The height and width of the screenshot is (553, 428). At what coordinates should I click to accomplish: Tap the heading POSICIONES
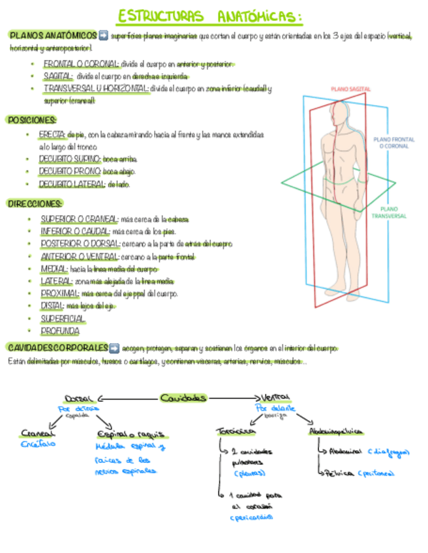32,120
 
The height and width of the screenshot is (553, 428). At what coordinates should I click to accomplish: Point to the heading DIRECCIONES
35,203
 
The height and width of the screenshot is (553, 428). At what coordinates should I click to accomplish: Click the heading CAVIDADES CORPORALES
57,347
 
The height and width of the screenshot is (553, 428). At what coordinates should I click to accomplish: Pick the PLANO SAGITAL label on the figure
351,88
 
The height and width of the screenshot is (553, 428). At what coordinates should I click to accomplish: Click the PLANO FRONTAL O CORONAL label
394,143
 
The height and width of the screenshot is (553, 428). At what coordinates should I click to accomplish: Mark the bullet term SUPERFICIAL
63,318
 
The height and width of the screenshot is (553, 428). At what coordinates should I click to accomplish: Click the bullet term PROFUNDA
59,331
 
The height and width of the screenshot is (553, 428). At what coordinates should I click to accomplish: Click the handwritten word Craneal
37,433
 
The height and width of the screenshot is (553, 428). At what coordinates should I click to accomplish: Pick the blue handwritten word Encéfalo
37,443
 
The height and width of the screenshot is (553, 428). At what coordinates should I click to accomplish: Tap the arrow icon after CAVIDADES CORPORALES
115,347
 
